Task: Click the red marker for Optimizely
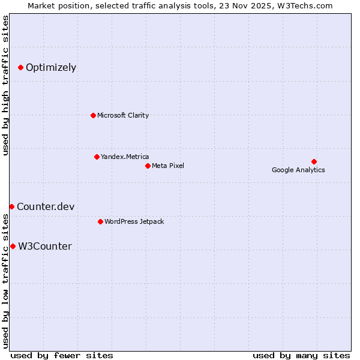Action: point(20,68)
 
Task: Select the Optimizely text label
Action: point(51,68)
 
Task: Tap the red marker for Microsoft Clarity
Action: point(93,115)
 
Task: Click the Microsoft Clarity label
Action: point(123,115)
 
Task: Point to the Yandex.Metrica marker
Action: point(97,157)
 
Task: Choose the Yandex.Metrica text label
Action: point(125,157)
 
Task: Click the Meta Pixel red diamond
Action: point(148,166)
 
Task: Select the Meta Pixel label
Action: point(168,166)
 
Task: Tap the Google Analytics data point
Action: point(314,161)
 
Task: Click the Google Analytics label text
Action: point(298,170)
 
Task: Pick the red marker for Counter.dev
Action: point(11,207)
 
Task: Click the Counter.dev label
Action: point(46,207)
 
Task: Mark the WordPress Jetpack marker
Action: point(100,221)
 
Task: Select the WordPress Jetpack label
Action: point(134,222)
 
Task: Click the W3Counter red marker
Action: point(13,247)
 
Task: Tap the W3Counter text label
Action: point(45,247)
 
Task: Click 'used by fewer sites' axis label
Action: point(62,356)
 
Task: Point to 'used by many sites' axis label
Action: point(301,356)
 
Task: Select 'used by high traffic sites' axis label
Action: point(5,85)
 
